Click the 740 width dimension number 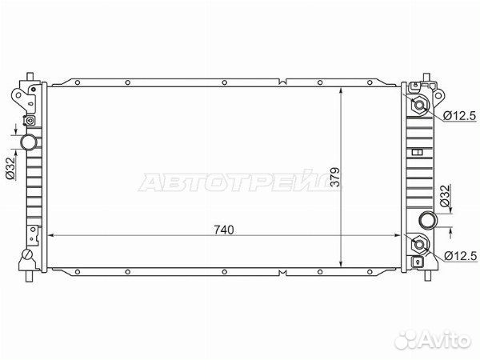(x=223, y=230)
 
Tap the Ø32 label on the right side (x=446, y=194)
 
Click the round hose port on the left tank (x=30, y=142)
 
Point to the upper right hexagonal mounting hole (x=419, y=106)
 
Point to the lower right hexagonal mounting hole (x=419, y=244)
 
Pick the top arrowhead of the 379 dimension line (x=342, y=88)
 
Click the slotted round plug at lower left (x=26, y=257)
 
